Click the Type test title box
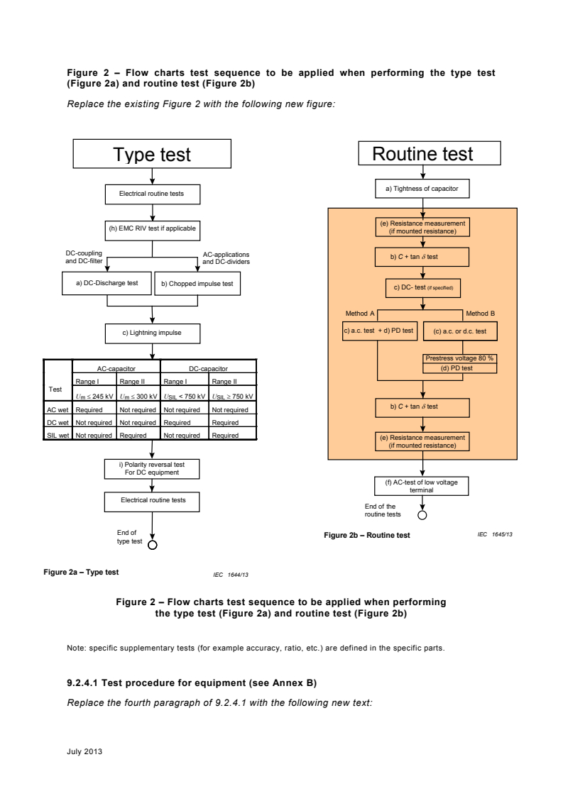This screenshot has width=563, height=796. [x=153, y=154]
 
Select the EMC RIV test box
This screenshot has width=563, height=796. [x=153, y=229]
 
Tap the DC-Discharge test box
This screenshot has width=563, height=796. [x=106, y=283]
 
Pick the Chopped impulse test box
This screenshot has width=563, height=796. [x=197, y=284]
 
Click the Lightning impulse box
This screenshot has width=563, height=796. [x=153, y=333]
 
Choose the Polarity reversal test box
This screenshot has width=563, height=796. [x=152, y=468]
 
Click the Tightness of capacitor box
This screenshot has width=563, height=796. [x=422, y=189]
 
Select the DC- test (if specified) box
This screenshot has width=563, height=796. [x=422, y=288]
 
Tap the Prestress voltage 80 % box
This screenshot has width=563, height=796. [x=459, y=358]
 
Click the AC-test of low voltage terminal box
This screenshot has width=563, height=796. [x=422, y=486]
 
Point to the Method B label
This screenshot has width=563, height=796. [x=480, y=313]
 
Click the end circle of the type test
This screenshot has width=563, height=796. [x=151, y=546]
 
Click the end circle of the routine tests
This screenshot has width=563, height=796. [x=422, y=516]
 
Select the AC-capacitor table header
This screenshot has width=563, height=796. [x=116, y=369]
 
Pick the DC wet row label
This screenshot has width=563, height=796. [x=57, y=422]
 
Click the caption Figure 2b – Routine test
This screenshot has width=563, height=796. [x=366, y=535]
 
